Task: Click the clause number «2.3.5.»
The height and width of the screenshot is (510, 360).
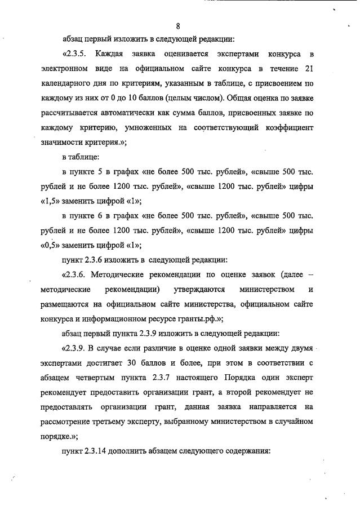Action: tap(75, 55)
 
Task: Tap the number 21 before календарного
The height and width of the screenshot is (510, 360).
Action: tap(308, 69)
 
